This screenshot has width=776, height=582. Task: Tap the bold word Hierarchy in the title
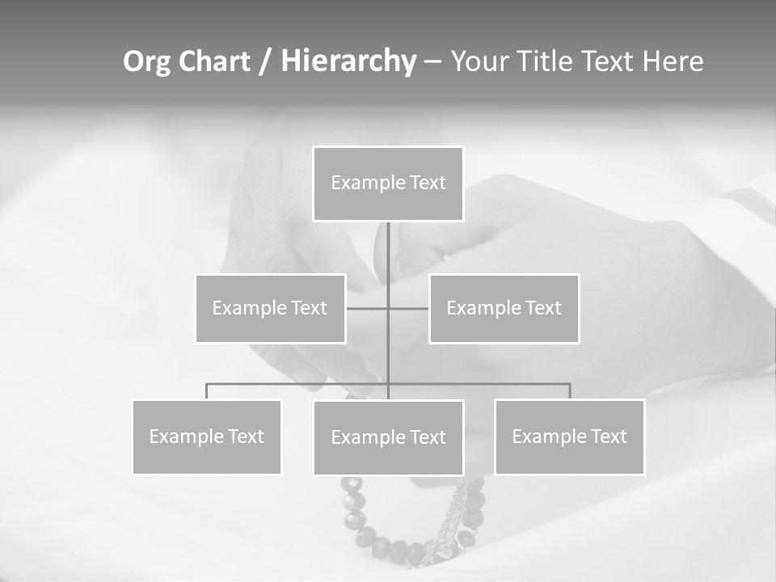(348, 61)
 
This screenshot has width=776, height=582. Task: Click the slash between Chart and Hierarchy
(265, 62)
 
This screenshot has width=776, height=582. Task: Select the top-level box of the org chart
(388, 183)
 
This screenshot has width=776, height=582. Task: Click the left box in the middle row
(270, 308)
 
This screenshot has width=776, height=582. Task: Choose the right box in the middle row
(504, 308)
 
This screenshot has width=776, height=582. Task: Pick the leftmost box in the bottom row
(207, 436)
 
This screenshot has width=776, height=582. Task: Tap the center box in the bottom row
(388, 437)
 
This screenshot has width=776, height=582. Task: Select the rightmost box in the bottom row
(570, 436)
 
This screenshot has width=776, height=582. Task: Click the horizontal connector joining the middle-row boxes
(368, 308)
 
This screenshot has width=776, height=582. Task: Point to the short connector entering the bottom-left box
(207, 391)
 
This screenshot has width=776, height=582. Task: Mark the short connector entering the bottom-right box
(570, 391)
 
